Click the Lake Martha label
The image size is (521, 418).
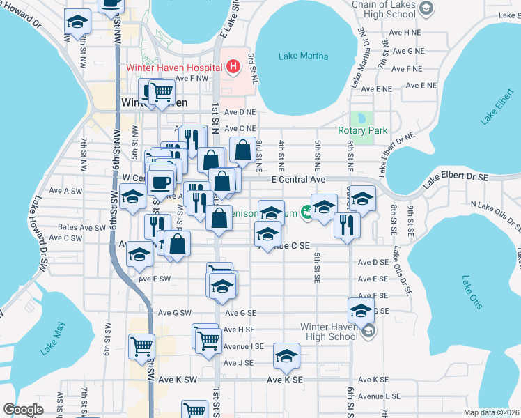point(303,56)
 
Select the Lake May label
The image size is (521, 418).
point(52,339)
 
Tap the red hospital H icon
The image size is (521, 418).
point(233,68)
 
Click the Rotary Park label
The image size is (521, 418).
point(362,130)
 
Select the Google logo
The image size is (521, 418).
point(23,410)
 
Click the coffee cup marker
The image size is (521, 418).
point(162,183)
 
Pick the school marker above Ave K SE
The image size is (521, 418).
point(286,356)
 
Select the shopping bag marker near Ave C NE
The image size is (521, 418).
point(242,149)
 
